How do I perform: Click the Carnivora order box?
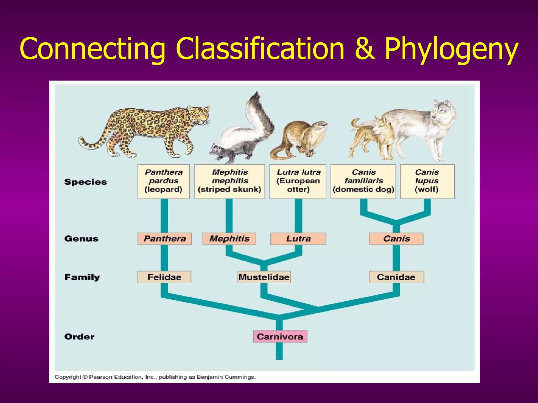(x=280, y=336)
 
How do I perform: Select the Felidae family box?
(x=164, y=277)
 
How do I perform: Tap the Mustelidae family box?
(x=264, y=277)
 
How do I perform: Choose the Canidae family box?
(x=396, y=277)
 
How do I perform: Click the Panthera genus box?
(x=164, y=239)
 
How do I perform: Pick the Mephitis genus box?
(x=229, y=239)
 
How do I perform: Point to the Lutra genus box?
(x=298, y=239)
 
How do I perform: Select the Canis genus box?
(x=396, y=239)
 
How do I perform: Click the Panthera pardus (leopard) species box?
(x=163, y=181)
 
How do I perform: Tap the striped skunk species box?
(x=229, y=181)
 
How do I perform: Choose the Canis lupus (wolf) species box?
(x=427, y=181)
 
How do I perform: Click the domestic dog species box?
(x=363, y=181)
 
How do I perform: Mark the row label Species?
(x=86, y=182)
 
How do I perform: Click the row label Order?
(x=79, y=337)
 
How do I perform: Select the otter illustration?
(x=299, y=139)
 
